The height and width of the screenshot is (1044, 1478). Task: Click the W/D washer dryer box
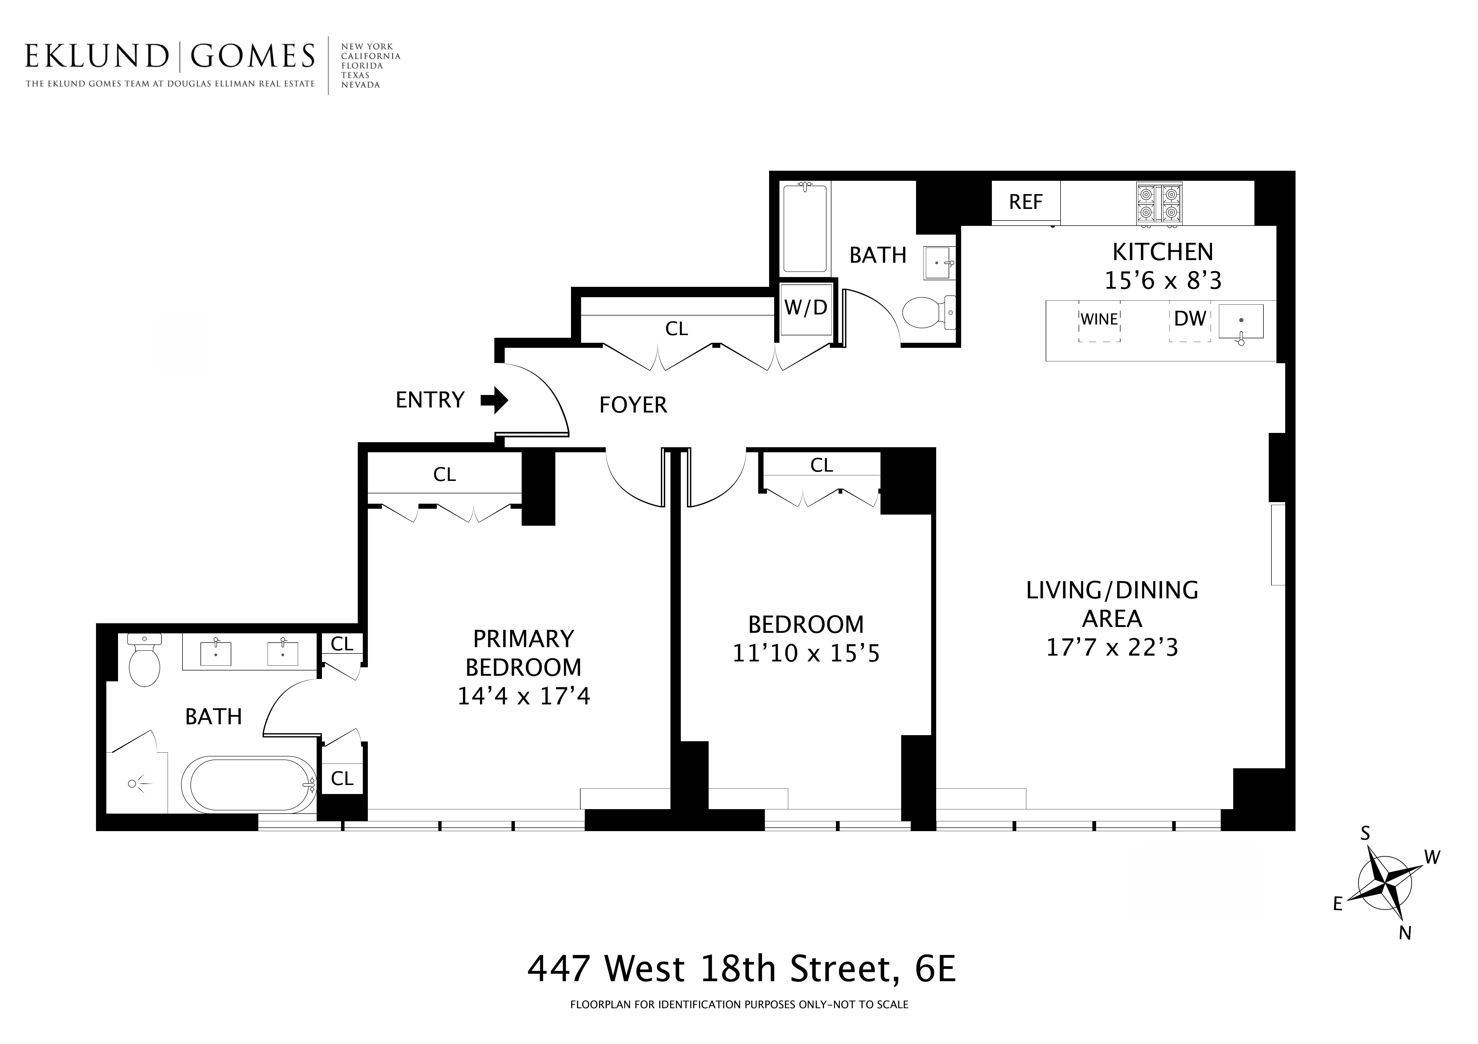tap(805, 308)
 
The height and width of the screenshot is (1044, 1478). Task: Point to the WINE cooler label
tap(1099, 319)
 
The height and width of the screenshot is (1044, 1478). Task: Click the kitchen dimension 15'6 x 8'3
tap(1163, 281)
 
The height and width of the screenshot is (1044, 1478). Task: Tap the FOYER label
tap(633, 405)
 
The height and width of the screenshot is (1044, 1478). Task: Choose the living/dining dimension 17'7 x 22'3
tap(1112, 647)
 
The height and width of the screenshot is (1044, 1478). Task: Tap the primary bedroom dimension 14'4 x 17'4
tap(523, 696)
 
